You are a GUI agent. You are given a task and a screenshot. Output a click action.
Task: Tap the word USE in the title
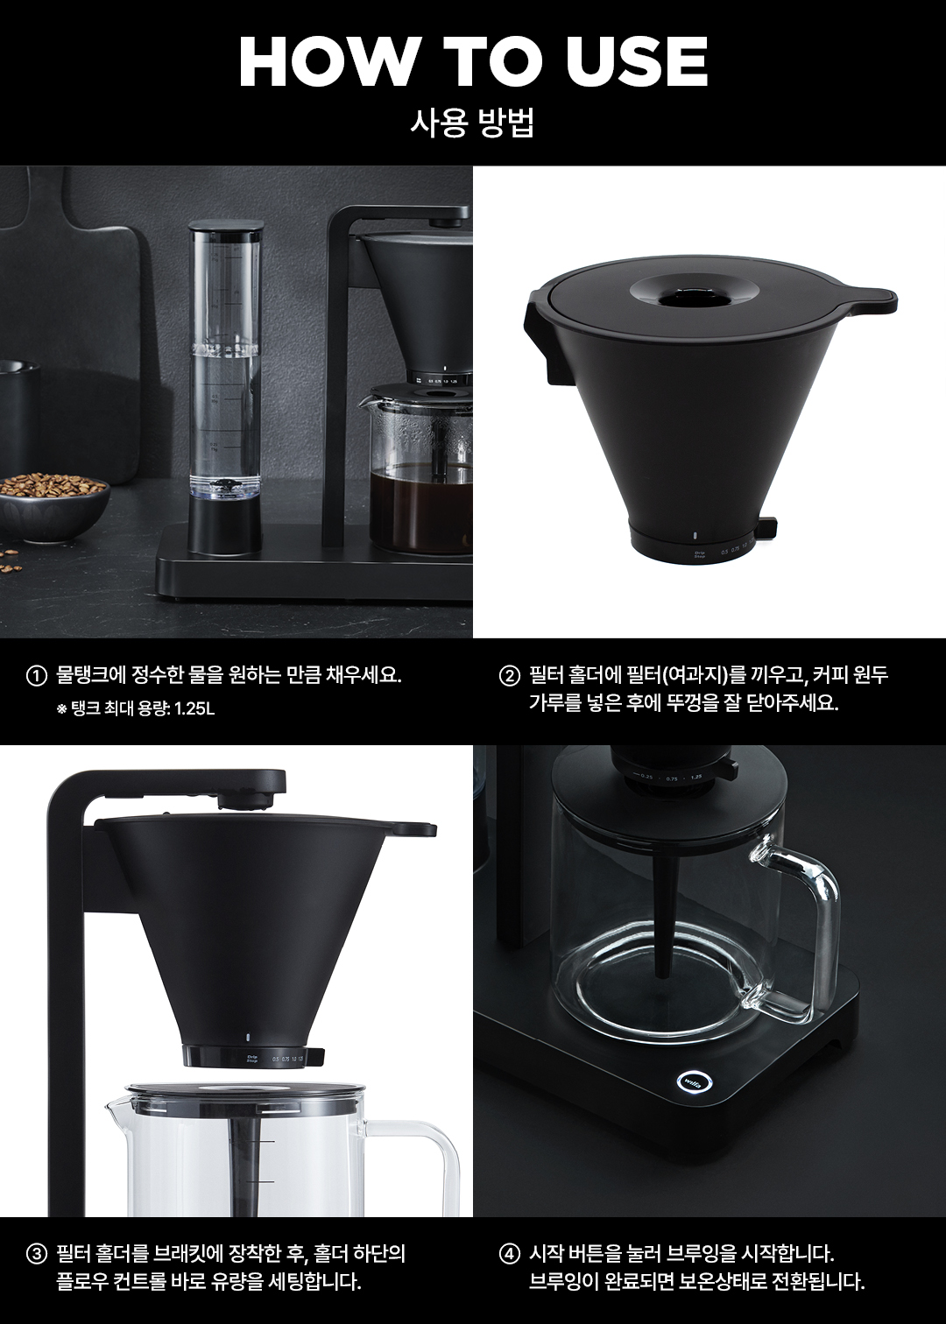pos(638,61)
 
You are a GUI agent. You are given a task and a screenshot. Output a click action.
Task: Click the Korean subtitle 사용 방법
pos(472,123)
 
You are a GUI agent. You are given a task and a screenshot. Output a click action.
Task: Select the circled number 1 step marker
pos(37,676)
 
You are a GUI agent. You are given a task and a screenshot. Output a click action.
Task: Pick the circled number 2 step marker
pos(509,676)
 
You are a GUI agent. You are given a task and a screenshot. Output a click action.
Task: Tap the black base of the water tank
pos(224,526)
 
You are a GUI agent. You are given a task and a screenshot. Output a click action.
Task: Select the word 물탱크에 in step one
pos(94,676)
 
